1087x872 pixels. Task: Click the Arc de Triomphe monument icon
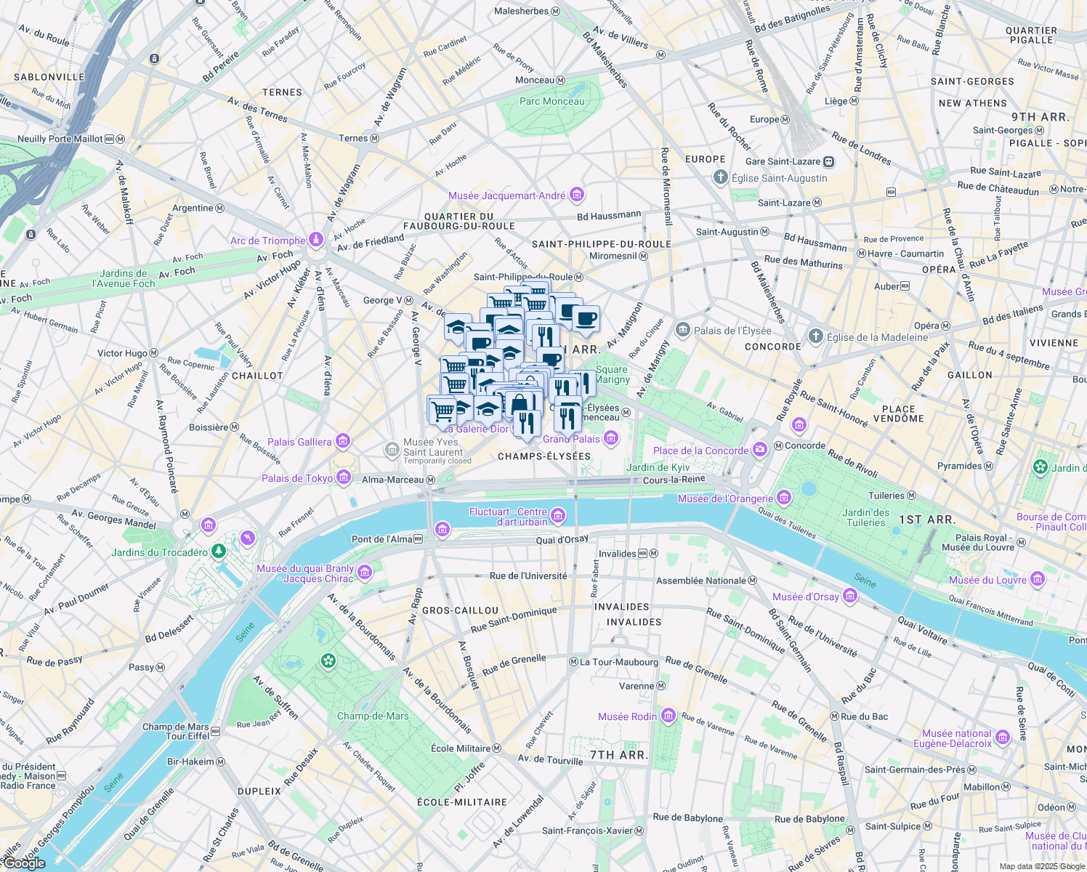[x=315, y=240]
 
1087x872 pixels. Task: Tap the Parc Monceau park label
[x=551, y=102]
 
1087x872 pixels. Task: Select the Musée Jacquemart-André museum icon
[x=577, y=195]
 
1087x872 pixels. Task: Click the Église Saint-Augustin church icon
[x=720, y=177]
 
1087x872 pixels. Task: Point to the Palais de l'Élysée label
[x=732, y=331]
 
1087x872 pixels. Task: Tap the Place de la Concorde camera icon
[x=759, y=450]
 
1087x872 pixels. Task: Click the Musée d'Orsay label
[x=805, y=597]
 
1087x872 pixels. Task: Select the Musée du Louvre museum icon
[x=1038, y=579]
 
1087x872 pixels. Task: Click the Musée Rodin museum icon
[x=668, y=716]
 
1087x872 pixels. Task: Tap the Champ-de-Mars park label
[x=373, y=716]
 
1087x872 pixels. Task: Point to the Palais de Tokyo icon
[x=344, y=477]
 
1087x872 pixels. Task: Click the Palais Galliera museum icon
[x=343, y=441]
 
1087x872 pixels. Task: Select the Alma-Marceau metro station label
[x=392, y=480]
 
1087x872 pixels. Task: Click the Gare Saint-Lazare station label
[x=783, y=161]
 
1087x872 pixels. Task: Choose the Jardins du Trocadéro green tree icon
[x=219, y=552]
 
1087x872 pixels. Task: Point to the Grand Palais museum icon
[x=611, y=438]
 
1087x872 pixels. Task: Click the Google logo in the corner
[x=24, y=863]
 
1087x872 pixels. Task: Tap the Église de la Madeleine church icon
[x=816, y=336]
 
